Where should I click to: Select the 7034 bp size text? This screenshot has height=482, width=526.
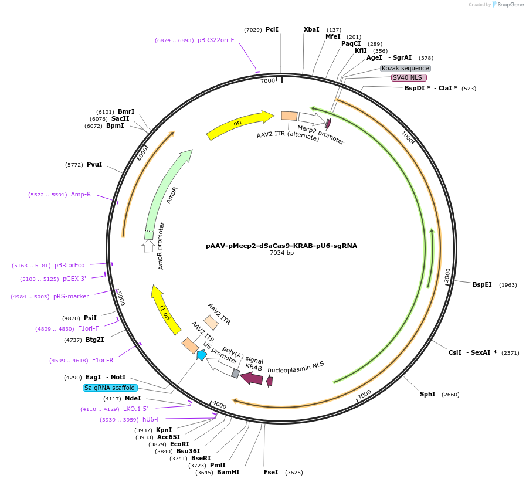pyautogui.click(x=281, y=253)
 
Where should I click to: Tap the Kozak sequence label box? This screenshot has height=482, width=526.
pyautogui.click(x=405, y=68)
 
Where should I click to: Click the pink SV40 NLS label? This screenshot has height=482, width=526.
pyautogui.click(x=408, y=77)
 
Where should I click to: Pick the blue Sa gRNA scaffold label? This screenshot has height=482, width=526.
pyautogui.click(x=110, y=388)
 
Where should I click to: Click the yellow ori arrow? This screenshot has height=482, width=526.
pyautogui.click(x=239, y=124)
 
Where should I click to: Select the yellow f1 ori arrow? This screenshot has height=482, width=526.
pyautogui.click(x=165, y=309)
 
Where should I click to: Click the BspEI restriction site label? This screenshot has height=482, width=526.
pyautogui.click(x=482, y=285)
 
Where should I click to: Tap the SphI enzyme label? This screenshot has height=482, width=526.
pyautogui.click(x=427, y=394)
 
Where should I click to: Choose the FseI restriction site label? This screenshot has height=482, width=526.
pyautogui.click(x=271, y=472)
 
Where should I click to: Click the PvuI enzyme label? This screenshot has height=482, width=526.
pyautogui.click(x=94, y=164)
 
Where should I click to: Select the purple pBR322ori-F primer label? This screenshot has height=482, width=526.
pyautogui.click(x=216, y=40)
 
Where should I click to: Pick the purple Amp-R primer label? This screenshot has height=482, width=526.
pyautogui.click(x=81, y=194)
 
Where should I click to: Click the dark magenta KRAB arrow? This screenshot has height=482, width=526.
pyautogui.click(x=251, y=378)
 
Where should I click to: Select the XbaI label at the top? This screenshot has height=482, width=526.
pyautogui.click(x=311, y=29)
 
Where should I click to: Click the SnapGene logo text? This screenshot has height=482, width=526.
pyautogui.click(x=509, y=5)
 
